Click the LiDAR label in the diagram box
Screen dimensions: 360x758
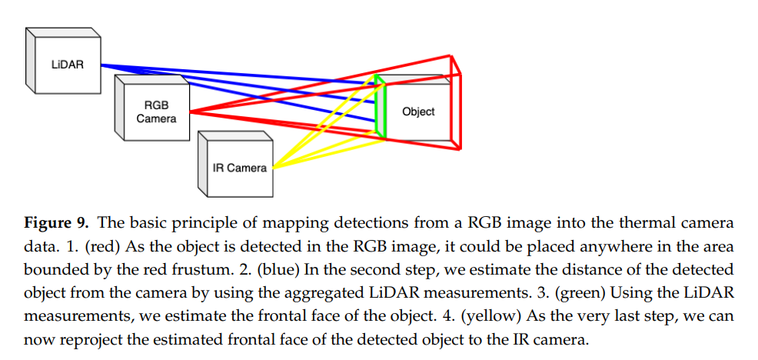[67, 65]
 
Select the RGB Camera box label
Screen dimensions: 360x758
[156, 112]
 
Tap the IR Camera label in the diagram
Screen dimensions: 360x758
[240, 168]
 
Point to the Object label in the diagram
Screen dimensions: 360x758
[418, 112]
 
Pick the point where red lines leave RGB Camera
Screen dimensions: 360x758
[190, 112]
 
